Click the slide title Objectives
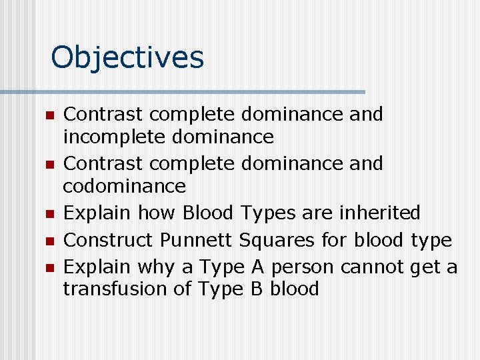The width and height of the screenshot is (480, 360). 127,57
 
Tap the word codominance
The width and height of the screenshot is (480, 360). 124,185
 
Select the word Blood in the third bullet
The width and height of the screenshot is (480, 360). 208,213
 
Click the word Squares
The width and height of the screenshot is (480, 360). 274,240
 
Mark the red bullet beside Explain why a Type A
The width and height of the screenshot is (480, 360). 48,268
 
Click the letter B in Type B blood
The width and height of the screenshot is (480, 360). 256,289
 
